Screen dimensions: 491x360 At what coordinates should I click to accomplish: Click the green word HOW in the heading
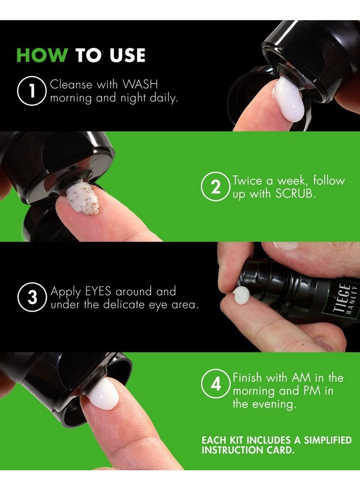(43, 55)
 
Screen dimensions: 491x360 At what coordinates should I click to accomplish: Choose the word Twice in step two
(249, 181)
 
